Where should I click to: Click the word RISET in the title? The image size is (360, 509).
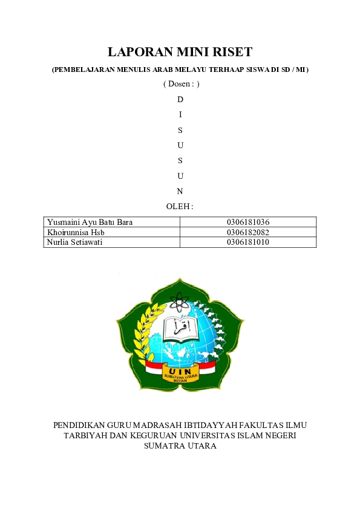pyautogui.click(x=229, y=52)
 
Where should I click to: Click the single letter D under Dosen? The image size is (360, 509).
pyautogui.click(x=180, y=99)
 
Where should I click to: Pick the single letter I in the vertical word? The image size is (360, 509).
pyautogui.click(x=180, y=114)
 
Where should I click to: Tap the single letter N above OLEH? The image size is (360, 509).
pyautogui.click(x=180, y=192)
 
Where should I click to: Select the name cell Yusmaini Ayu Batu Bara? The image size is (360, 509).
pyautogui.click(x=90, y=222)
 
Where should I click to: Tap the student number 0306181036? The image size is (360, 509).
pyautogui.click(x=248, y=222)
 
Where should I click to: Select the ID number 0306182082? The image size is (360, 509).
pyautogui.click(x=248, y=232)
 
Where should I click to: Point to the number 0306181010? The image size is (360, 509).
pyautogui.click(x=248, y=242)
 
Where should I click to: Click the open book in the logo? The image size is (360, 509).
pyautogui.click(x=180, y=327)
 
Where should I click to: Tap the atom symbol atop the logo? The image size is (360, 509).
pyautogui.click(x=180, y=300)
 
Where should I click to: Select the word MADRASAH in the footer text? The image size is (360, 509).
pyautogui.click(x=161, y=425)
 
